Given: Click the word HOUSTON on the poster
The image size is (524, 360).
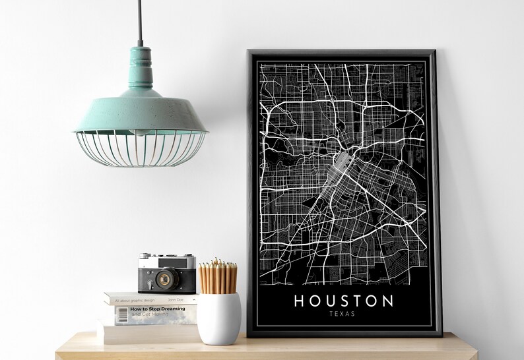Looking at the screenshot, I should (343, 301).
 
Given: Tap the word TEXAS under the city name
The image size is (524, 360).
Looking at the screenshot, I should (343, 314).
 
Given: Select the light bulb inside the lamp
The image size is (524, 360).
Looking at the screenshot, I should (140, 132).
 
